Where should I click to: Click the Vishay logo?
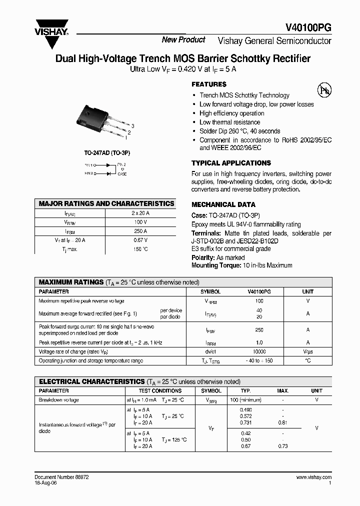(51, 33)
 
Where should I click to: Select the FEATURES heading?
(209, 84)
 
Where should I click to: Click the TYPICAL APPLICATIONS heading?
(231, 163)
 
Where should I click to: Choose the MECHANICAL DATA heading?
(223, 204)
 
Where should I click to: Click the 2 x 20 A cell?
(140, 213)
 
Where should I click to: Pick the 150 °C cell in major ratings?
(140, 249)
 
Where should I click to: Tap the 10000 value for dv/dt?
(259, 351)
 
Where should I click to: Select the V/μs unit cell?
(308, 351)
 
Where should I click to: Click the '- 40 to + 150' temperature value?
(259, 360)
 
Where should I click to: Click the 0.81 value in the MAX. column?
(283, 423)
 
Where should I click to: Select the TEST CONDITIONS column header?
(160, 390)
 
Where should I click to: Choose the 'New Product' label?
(183, 40)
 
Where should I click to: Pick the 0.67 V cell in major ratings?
(140, 240)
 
